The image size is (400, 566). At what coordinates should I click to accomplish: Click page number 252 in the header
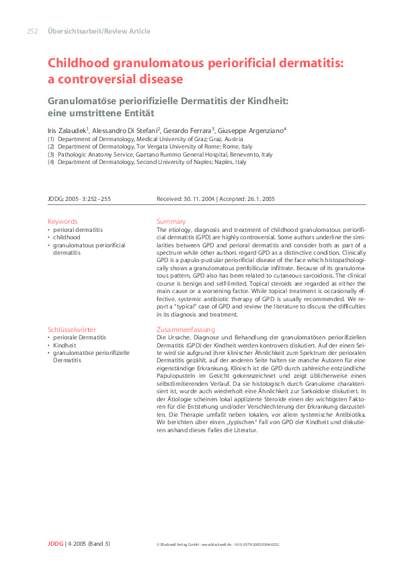(32, 31)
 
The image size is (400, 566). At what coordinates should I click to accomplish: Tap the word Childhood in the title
(79, 64)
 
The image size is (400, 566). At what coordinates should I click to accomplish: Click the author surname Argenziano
(263, 130)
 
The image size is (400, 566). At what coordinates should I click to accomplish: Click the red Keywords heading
(63, 221)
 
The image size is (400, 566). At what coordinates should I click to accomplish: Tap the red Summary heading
(171, 221)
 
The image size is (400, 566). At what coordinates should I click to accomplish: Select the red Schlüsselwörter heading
(72, 329)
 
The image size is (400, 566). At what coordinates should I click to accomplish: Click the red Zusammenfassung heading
(186, 329)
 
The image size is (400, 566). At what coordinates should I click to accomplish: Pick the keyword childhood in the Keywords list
(67, 237)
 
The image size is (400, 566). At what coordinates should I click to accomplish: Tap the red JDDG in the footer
(54, 543)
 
